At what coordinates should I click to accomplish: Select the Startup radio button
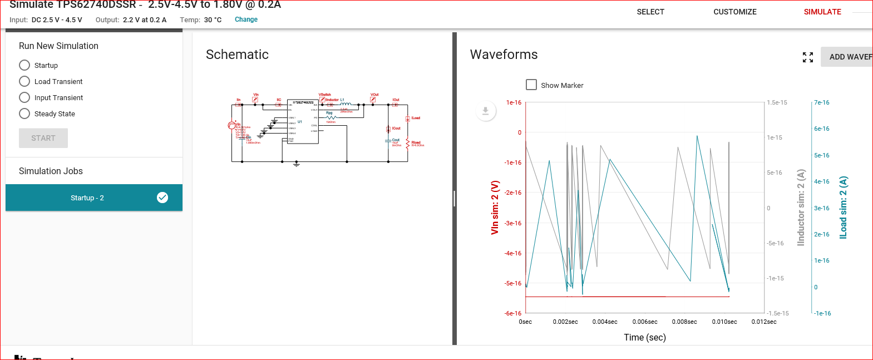tap(24, 65)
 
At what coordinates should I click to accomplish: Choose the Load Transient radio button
tap(24, 81)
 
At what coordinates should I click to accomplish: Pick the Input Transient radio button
tap(24, 97)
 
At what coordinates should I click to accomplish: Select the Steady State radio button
tap(24, 114)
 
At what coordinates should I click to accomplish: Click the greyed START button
tap(43, 138)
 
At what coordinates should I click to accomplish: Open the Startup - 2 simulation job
tap(87, 198)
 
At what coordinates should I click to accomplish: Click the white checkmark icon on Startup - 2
tap(162, 198)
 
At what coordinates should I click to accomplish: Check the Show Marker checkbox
tap(531, 85)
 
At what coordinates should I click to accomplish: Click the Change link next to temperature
tap(246, 19)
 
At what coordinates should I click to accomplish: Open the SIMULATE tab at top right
tap(822, 12)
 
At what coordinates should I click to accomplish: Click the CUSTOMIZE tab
tap(734, 12)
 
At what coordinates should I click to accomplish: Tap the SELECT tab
tap(650, 12)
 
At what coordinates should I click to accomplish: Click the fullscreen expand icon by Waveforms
tap(808, 57)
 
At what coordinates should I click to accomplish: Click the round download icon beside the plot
tap(486, 111)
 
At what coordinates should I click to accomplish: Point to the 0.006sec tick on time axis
tap(644, 322)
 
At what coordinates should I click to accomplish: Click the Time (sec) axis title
tap(644, 337)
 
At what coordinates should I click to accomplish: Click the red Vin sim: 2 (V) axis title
tap(495, 207)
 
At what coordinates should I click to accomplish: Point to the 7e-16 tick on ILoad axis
tap(821, 102)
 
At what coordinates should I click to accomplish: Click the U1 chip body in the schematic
tap(303, 122)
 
